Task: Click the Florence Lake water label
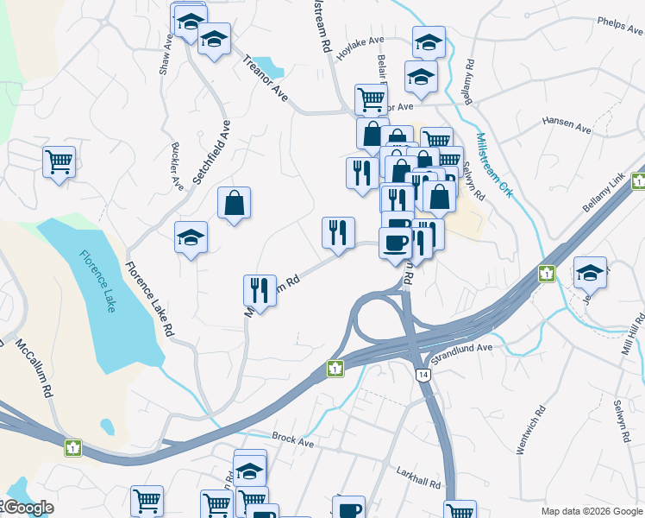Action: [97, 281]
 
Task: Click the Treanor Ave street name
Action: [265, 78]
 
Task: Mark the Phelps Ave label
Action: [620, 26]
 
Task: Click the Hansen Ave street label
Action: [567, 125]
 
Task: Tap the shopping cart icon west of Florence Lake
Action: [59, 161]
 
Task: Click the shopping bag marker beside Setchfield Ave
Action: [234, 203]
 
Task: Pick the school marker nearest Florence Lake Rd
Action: [191, 237]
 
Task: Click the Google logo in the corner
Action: [28, 508]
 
